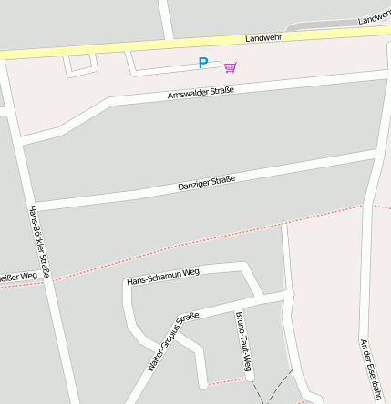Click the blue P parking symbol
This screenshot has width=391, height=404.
pos(203,64)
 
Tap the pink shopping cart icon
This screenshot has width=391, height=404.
pos(230,66)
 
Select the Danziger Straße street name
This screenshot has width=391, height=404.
pos(206,184)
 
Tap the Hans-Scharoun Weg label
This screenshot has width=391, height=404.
pos(164,275)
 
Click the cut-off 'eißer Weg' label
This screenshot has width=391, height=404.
pos(17,276)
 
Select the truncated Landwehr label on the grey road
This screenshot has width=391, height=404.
pos(375,18)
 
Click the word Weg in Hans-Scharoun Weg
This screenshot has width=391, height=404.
pos(190,271)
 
